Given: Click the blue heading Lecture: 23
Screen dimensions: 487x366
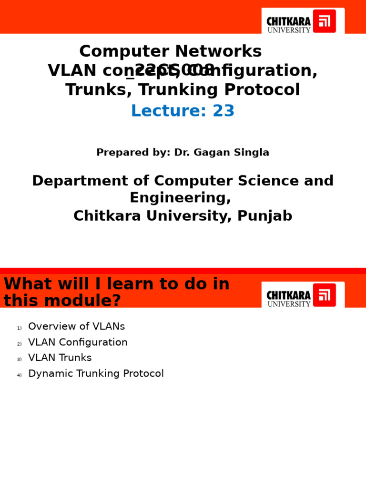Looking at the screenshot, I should (x=183, y=111).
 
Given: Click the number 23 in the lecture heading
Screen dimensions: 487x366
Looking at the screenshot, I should (x=224, y=111).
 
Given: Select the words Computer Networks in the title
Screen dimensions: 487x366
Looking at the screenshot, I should (x=170, y=51).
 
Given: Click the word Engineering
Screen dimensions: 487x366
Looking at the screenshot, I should (x=180, y=198).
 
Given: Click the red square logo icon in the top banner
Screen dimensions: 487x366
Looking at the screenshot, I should (x=324, y=21).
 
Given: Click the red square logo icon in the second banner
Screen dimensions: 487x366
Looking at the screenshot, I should (x=324, y=295).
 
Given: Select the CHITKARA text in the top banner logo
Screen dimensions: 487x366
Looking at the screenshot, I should (x=288, y=21).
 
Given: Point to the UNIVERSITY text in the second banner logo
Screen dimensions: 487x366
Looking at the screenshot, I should (x=289, y=304).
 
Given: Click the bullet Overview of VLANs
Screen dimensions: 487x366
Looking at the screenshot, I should (x=76, y=327).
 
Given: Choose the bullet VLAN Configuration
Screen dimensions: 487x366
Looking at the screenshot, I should (x=78, y=342).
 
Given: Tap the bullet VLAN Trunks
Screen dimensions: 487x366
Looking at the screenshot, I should (x=60, y=358).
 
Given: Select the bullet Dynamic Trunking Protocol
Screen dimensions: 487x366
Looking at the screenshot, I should (x=96, y=374).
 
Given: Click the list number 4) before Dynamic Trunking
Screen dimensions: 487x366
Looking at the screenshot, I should (x=19, y=375).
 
